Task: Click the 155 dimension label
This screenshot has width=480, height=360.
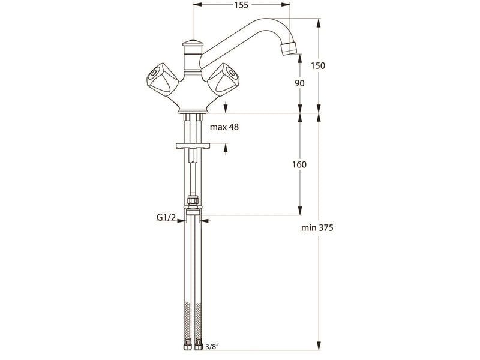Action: click(x=241, y=5)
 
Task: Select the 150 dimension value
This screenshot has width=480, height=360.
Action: click(x=318, y=65)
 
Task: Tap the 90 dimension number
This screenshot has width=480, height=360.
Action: click(x=299, y=83)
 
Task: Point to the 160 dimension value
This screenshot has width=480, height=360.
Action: click(x=299, y=164)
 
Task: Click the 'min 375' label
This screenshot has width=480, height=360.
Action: click(x=317, y=228)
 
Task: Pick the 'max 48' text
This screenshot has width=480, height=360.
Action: click(x=224, y=127)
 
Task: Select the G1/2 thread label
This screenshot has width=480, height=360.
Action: click(x=166, y=217)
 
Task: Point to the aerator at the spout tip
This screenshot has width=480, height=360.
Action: click(x=289, y=48)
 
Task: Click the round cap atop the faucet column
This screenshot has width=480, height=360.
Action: click(x=192, y=43)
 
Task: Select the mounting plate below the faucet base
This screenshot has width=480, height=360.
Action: click(x=192, y=146)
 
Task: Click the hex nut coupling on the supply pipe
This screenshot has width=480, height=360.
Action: click(x=192, y=202)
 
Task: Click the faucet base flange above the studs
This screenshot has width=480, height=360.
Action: click(x=193, y=111)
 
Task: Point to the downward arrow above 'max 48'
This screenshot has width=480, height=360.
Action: click(x=226, y=107)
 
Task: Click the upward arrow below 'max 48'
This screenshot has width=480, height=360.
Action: click(x=226, y=149)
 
